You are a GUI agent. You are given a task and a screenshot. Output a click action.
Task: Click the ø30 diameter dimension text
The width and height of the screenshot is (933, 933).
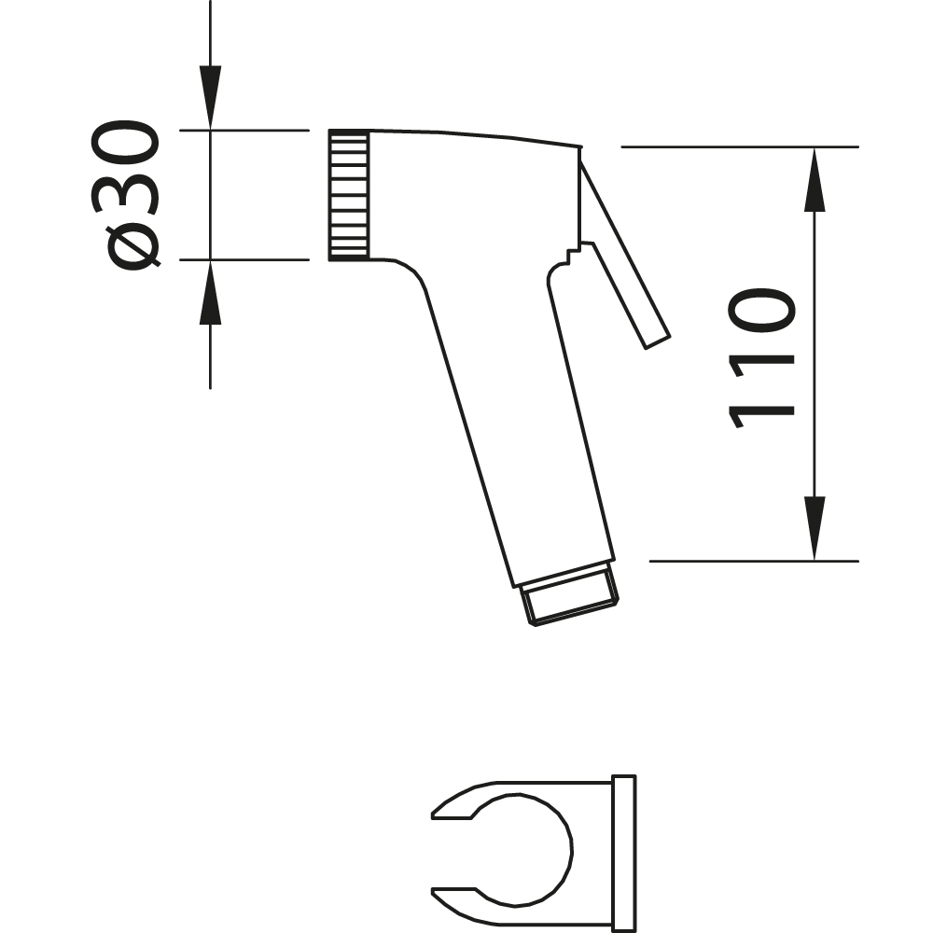126,195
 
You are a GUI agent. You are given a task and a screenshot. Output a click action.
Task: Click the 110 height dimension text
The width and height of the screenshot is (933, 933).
761,359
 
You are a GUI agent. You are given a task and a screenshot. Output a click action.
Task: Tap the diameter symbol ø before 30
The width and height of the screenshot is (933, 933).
132,249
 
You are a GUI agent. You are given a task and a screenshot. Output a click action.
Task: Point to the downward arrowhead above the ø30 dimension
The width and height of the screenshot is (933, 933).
210,97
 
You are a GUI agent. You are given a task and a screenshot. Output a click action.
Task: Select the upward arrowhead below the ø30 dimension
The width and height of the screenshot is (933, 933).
210,292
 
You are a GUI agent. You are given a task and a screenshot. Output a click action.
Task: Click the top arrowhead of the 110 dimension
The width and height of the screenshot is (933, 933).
815,179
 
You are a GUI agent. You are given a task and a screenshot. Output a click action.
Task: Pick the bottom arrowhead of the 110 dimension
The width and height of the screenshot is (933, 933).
815,528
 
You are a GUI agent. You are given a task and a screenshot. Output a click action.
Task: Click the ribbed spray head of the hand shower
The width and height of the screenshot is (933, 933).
349,195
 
